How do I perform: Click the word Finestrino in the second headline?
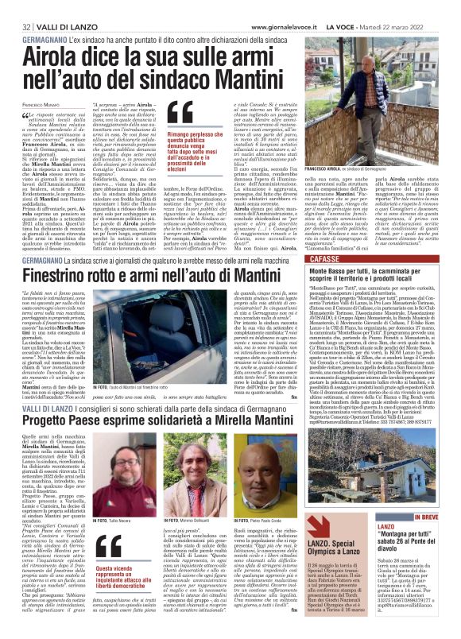pyautogui.click(x=82, y=274)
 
